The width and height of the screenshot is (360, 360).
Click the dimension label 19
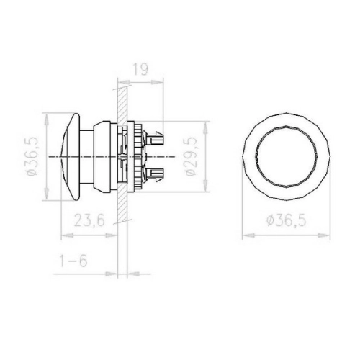pyautogui.click(x=140, y=69)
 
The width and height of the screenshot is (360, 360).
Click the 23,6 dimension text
pyautogui.click(x=89, y=220)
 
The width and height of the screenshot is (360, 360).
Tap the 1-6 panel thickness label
pyautogui.click(x=73, y=261)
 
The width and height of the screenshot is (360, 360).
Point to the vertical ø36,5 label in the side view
pyautogui.click(x=32, y=156)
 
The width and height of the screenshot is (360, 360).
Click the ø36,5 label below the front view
pyautogui.click(x=287, y=220)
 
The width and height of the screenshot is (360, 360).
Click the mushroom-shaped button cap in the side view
pyautogui.click(x=71, y=156)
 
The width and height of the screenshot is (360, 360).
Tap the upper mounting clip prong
pyautogui.click(x=153, y=137)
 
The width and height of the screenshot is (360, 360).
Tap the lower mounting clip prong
pyautogui.click(x=153, y=175)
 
